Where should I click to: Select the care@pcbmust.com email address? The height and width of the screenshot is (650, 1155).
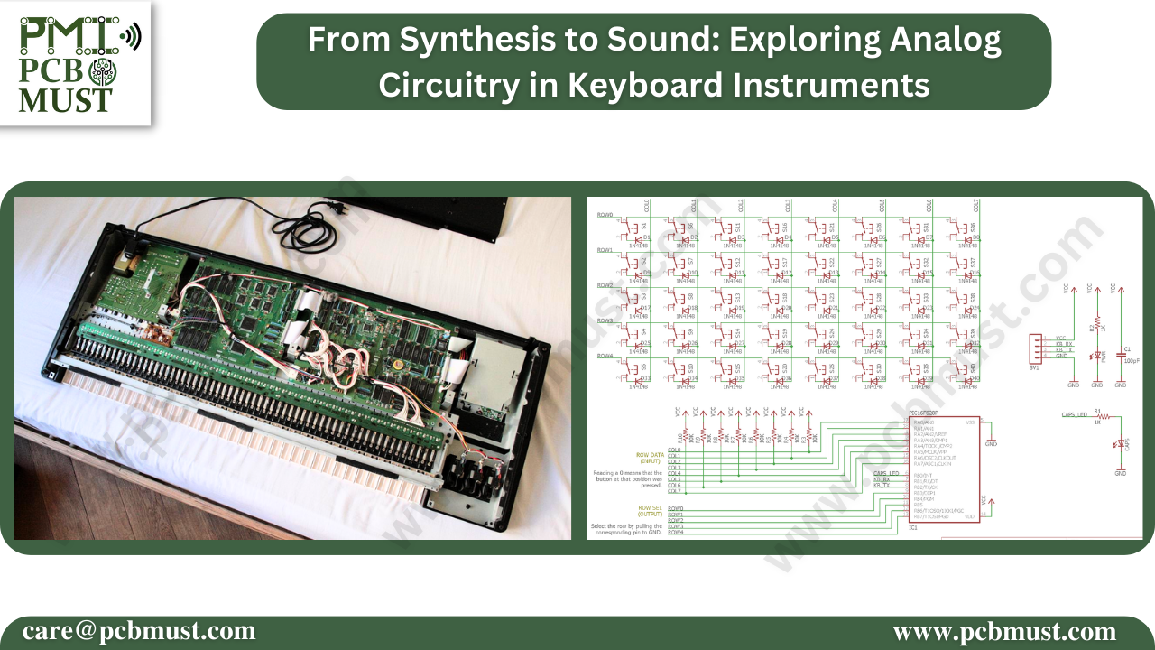click(139, 631)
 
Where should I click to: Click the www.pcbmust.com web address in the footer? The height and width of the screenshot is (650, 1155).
click(1004, 631)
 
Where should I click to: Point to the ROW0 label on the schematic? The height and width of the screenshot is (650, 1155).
click(605, 215)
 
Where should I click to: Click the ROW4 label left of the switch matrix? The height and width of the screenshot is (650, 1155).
click(605, 356)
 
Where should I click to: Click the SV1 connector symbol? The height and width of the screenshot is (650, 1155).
click(1034, 350)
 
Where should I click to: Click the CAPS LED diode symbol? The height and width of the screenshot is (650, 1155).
click(1121, 443)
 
